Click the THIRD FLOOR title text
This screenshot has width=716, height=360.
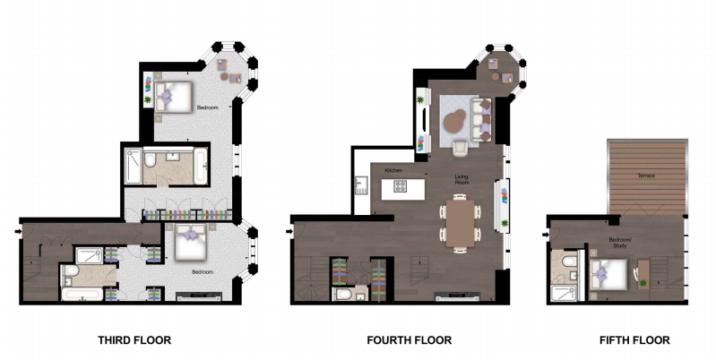tap(134, 340)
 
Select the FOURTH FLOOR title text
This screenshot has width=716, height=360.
tap(409, 340)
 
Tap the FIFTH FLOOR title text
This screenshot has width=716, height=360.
tap(634, 340)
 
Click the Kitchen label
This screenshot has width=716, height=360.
tap(393, 170)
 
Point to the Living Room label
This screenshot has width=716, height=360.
tap(462, 179)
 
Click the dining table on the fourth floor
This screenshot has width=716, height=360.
tap(459, 223)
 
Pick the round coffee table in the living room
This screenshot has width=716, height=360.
tap(456, 118)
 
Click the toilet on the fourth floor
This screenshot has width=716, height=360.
tap(342, 294)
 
